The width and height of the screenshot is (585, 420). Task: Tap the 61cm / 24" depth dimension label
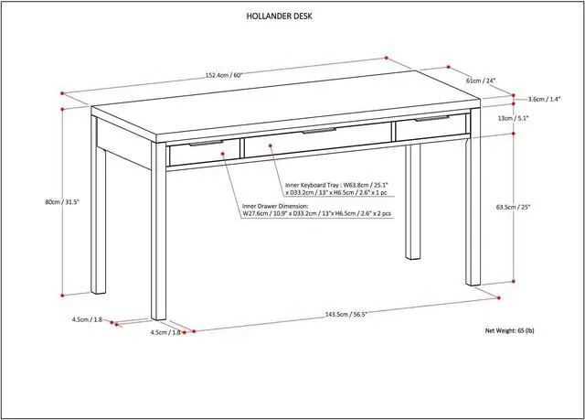pos(481,81)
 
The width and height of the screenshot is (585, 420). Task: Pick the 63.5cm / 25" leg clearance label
pos(537,207)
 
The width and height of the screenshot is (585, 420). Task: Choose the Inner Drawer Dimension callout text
pos(316,210)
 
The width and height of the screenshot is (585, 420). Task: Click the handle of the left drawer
pos(208,143)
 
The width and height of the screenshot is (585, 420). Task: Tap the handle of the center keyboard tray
pos(319,132)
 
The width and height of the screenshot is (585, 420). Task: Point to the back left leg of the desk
pos(99,220)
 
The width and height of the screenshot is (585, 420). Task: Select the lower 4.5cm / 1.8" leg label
pos(165,333)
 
